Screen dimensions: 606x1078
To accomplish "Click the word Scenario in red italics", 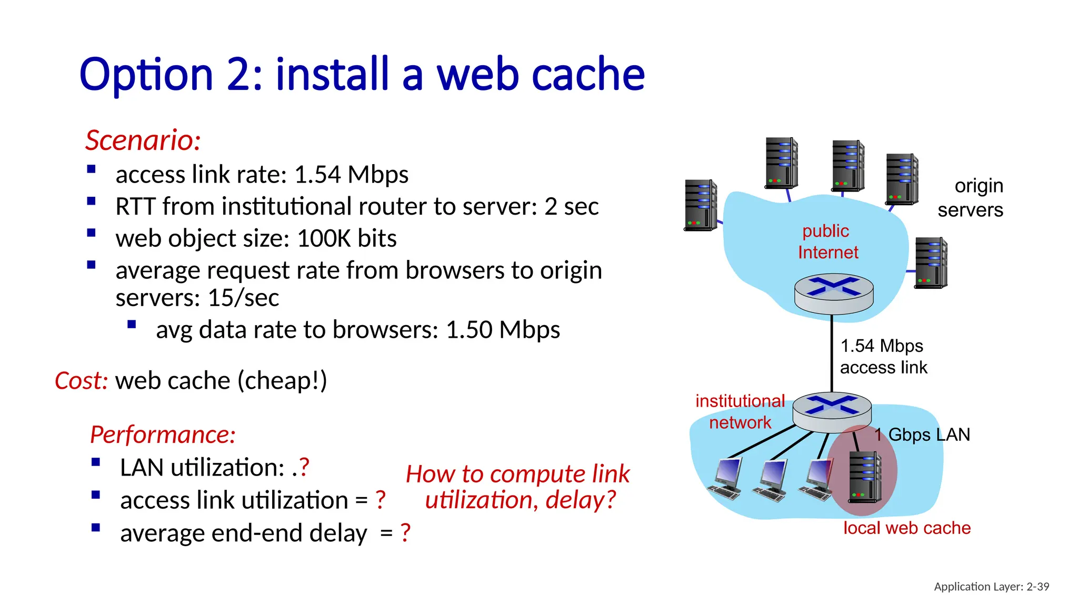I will click(x=142, y=140).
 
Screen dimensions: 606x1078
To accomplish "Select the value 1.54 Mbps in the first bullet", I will click(x=351, y=175).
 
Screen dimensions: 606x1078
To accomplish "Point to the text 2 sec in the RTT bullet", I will click(x=571, y=206).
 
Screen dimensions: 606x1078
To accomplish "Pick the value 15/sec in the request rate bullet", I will click(x=243, y=298).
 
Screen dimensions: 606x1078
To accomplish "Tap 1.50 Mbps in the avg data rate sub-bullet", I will click(x=502, y=330).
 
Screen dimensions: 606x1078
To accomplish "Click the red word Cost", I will click(x=81, y=380).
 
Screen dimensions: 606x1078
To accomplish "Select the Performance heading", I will click(x=163, y=435).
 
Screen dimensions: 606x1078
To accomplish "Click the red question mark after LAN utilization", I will click(x=304, y=467).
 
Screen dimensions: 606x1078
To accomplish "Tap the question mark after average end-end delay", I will click(x=405, y=533).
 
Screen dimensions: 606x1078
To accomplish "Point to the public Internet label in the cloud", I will click(x=827, y=241).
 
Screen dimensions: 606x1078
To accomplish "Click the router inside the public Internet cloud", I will click(x=833, y=292).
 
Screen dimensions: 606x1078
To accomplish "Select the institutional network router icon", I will click(x=832, y=411).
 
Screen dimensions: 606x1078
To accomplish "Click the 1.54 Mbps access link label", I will click(x=883, y=356).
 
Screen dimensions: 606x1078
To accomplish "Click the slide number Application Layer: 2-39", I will click(x=991, y=587).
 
